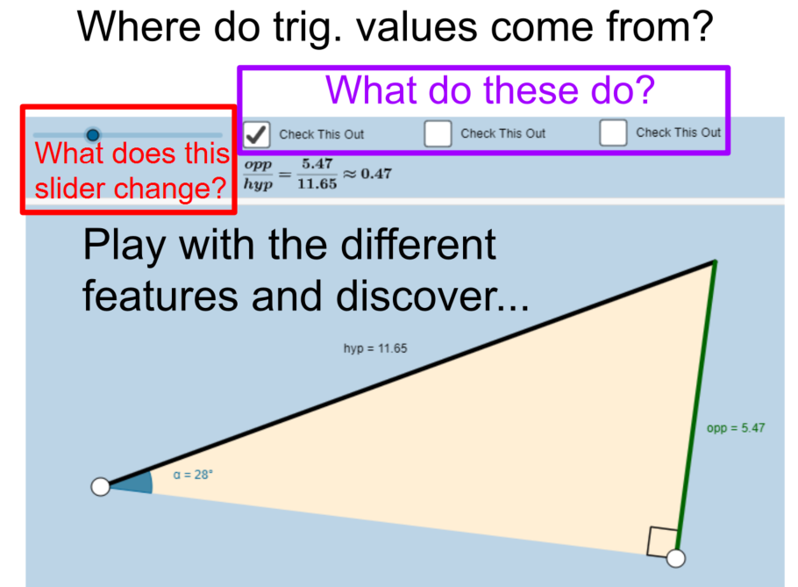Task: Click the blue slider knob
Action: (93, 135)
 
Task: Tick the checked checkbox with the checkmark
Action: (256, 134)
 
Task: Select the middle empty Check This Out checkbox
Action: (438, 133)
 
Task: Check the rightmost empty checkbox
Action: (613, 132)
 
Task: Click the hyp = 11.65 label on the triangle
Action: (375, 348)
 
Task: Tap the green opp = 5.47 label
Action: (736, 427)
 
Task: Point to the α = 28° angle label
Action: (193, 475)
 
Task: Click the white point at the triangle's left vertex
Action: (100, 487)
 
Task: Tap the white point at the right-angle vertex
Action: (676, 559)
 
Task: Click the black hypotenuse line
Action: (408, 374)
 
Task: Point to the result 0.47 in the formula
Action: (376, 174)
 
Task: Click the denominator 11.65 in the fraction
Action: (317, 183)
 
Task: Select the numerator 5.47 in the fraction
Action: (317, 163)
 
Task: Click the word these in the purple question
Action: (531, 90)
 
